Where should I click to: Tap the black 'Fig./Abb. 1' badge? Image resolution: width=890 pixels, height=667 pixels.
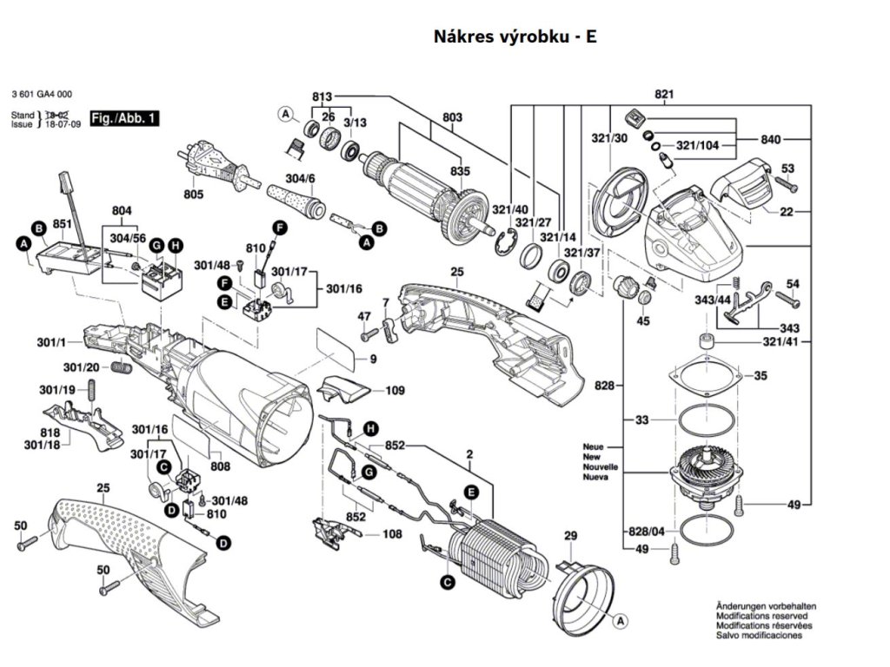tap(124, 117)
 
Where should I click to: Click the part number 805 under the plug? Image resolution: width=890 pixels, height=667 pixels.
tap(193, 194)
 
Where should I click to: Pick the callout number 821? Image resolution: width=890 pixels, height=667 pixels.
tap(665, 94)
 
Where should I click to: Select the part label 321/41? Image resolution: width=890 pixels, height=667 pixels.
tap(767, 344)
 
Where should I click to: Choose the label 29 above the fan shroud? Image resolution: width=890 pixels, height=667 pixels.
tap(570, 536)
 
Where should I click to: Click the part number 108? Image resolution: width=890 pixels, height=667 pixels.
tap(392, 534)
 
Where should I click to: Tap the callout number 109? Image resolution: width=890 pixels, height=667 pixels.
tap(395, 391)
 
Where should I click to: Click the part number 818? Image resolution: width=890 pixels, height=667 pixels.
tap(50, 433)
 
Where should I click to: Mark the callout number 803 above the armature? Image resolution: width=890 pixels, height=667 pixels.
tap(452, 116)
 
